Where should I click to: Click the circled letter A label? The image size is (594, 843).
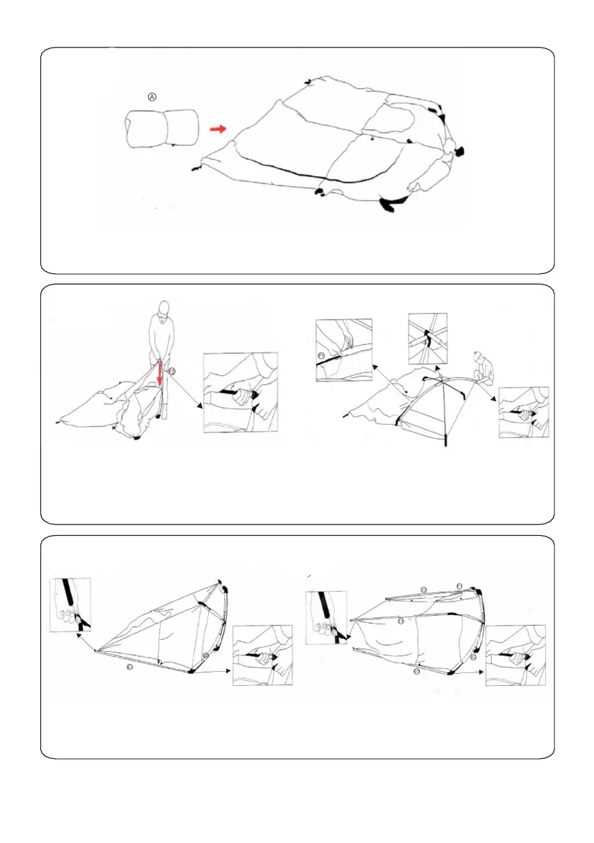(151, 97)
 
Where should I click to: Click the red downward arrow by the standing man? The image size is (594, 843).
(161, 375)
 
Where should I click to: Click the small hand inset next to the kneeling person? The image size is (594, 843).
(523, 412)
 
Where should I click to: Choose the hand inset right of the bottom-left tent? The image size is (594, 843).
(262, 655)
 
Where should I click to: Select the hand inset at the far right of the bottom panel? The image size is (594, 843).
(515, 655)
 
